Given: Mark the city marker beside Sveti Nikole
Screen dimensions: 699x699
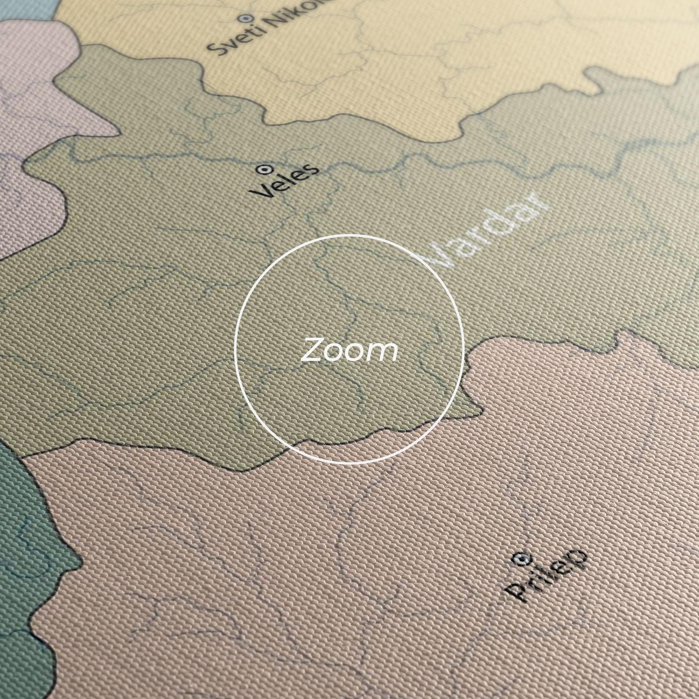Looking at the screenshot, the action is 244,17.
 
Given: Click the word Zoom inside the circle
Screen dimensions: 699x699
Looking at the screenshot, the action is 349,349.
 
